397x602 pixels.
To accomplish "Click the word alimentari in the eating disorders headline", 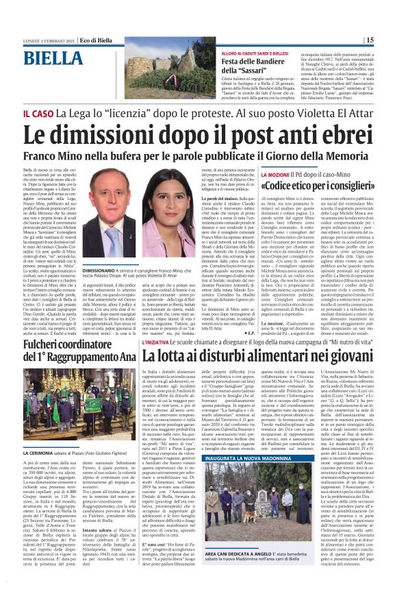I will click(x=266, y=355).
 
